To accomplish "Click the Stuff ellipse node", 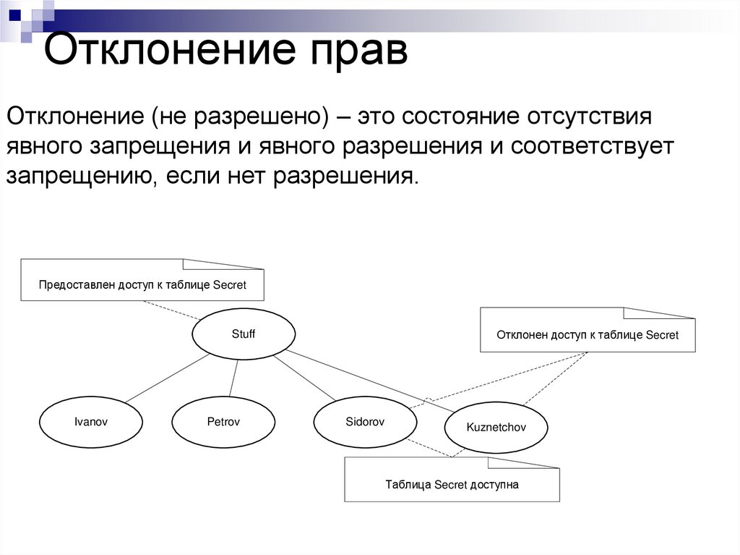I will tap(244, 334).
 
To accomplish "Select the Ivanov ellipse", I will tap(90, 422).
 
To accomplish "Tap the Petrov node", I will tap(223, 422).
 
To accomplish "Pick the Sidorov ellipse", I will tap(365, 421).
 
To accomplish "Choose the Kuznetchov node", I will tap(496, 427).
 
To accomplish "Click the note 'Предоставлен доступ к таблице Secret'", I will tap(142, 285).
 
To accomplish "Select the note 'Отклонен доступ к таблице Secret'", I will tap(587, 335).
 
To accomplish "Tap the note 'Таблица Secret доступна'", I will tap(452, 485).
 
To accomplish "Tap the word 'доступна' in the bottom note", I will tap(496, 485).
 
